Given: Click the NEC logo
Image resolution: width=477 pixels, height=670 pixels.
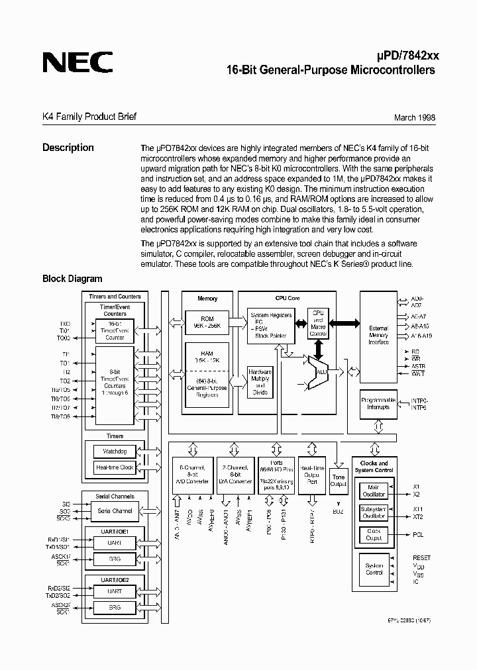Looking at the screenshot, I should coord(78,62).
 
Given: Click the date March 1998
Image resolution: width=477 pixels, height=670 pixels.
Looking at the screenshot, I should coord(415,118).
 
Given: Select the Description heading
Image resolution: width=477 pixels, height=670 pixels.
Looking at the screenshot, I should coord(68,148).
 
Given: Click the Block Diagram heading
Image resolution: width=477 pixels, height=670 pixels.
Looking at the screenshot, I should coord(72,279).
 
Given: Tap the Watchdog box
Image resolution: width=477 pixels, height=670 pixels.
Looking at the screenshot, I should coord(115,452).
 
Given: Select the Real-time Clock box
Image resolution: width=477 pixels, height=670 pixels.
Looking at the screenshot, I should coord(115,467).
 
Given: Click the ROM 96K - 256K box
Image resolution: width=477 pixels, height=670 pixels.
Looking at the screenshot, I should coord(207,322).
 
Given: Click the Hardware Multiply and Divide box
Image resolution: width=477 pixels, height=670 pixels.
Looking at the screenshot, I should coord(260,382).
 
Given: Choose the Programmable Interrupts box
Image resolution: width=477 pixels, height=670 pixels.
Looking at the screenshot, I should coord(378,403).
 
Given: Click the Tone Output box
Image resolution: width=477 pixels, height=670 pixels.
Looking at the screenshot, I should coord(339,480).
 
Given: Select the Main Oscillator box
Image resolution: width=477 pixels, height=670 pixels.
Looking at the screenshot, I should coord(374,491).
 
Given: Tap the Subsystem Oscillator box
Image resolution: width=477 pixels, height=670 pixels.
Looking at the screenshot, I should coord(374,512).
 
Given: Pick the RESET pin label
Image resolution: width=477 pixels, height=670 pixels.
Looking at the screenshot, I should coord(421,558).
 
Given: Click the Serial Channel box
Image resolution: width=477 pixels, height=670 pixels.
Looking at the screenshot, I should coord(115,510).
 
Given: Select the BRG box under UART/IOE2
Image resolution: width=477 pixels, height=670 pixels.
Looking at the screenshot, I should coord(115,606).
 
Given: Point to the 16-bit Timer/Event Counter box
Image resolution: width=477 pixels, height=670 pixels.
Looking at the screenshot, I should coord(115,328).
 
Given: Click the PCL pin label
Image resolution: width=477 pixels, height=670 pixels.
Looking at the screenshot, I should coord(417,534).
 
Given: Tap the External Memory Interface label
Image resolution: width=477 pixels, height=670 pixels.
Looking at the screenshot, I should coord(378,335).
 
